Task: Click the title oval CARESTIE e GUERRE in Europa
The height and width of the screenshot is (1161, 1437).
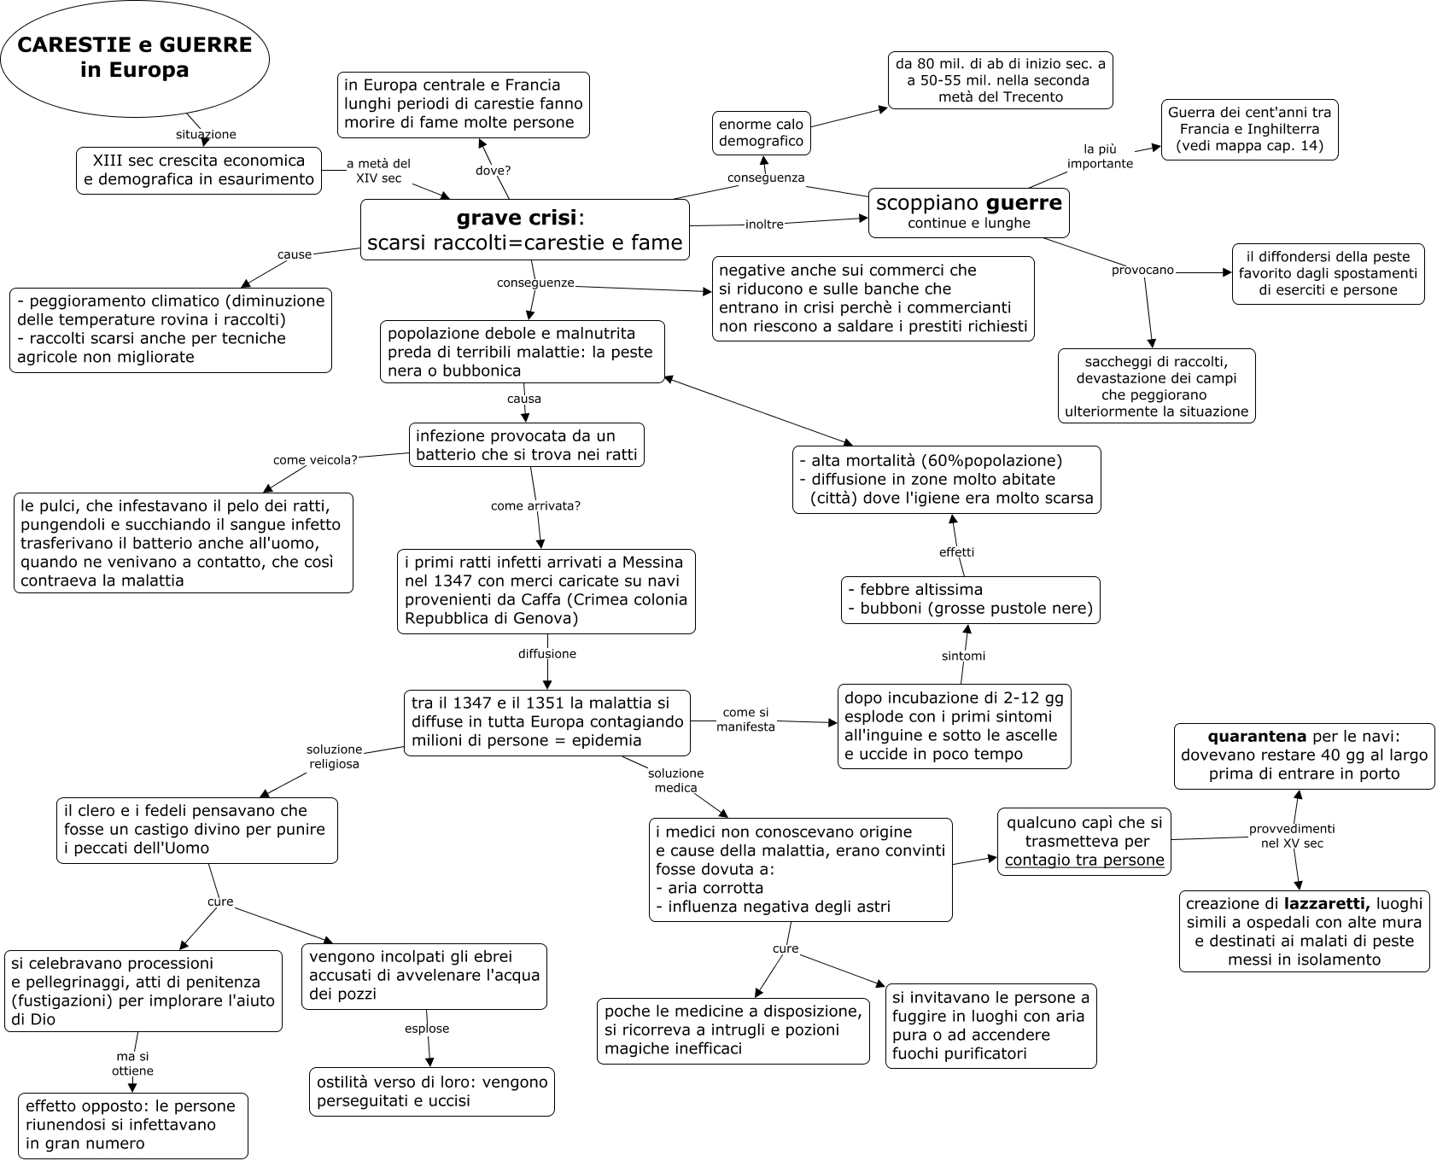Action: point(135,57)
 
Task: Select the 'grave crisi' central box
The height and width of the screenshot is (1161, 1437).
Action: point(524,230)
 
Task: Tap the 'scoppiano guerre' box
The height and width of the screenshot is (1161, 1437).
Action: point(968,213)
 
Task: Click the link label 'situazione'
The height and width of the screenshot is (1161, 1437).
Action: point(206,134)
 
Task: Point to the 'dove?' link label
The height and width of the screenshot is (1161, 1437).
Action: point(493,170)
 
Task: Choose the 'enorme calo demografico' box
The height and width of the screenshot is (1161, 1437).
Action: point(761,133)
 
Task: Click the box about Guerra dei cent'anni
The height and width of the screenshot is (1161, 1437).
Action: point(1248,129)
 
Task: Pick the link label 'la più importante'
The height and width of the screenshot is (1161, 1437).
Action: point(1100,156)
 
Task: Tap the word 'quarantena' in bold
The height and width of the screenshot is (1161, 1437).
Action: point(1256,736)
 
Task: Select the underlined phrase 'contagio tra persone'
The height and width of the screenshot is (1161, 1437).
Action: point(1084,860)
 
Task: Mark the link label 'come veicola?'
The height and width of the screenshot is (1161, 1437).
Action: point(315,460)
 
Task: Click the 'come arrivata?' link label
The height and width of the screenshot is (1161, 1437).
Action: point(535,506)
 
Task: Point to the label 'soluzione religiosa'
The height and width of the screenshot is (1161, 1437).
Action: point(334,756)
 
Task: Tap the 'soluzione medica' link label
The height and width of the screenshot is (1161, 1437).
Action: point(675,780)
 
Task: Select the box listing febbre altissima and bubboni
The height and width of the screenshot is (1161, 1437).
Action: point(970,599)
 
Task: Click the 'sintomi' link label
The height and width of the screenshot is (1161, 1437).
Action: point(963,656)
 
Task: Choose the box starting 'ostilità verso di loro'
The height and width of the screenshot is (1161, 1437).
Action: point(431,1091)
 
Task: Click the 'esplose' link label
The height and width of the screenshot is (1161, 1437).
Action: point(426,1029)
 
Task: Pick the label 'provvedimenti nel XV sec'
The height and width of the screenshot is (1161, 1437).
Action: point(1291,835)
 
